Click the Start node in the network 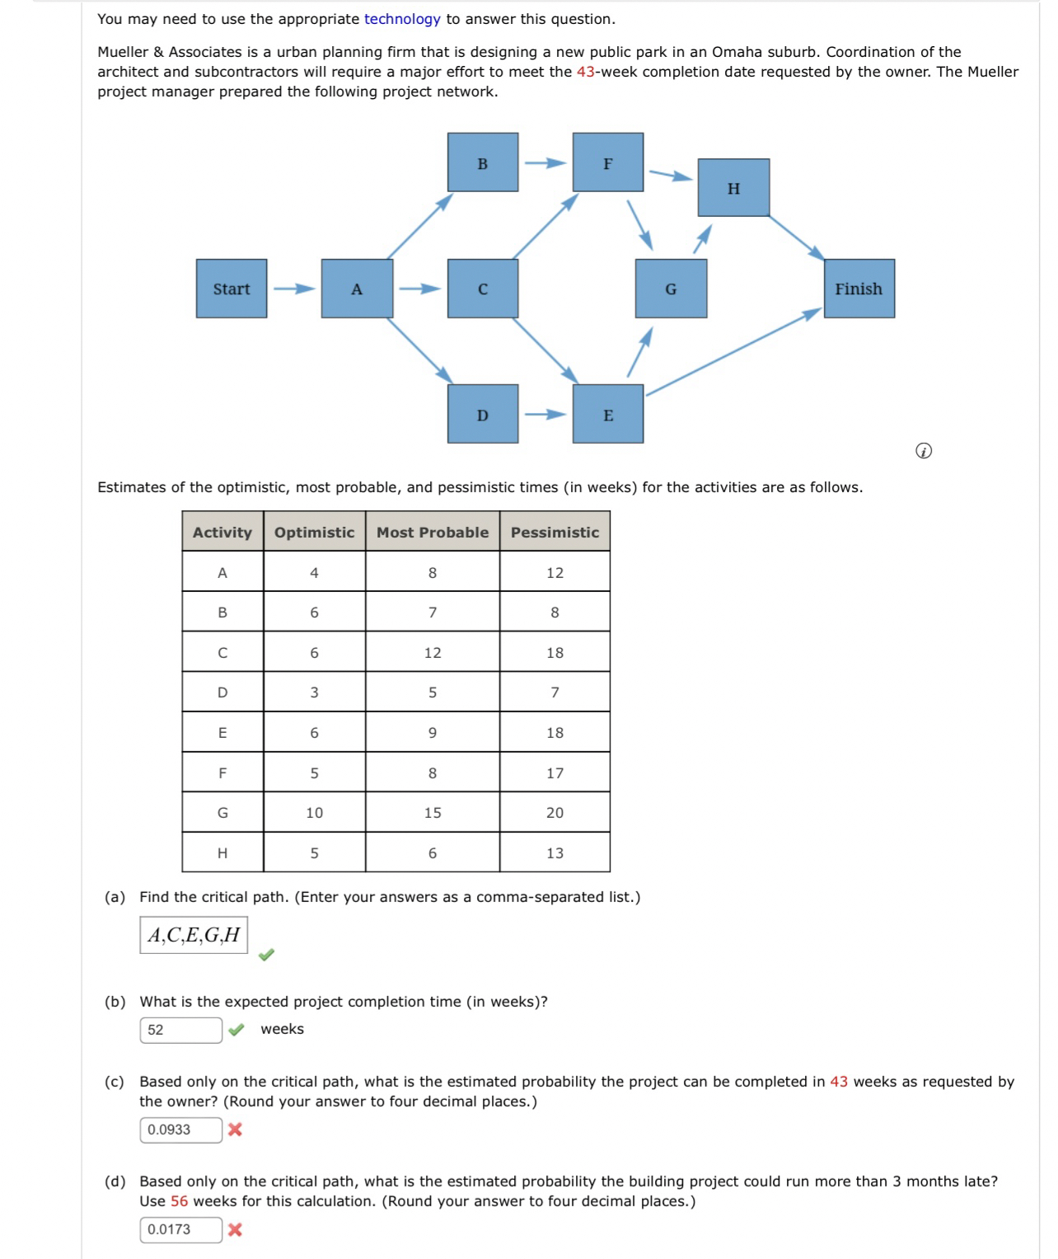point(232,289)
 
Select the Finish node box point(859,289)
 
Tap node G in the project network point(671,289)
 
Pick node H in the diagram point(733,188)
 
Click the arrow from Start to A point(294,289)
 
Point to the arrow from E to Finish point(733,352)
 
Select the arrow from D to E point(545,414)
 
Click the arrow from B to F point(545,163)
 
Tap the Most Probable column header point(433,532)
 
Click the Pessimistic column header point(555,532)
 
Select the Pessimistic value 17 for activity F point(555,773)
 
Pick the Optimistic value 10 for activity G point(314,813)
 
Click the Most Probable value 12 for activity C point(433,652)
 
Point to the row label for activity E point(222,732)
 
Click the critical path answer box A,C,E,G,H point(194,934)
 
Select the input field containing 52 point(180,1030)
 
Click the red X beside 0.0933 point(235,1130)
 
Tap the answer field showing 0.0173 point(180,1229)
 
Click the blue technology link point(402,19)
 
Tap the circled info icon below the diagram point(924,451)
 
